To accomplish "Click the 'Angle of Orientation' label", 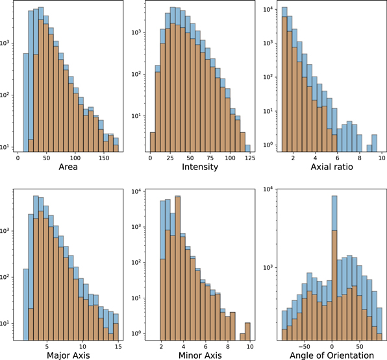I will click(331, 355).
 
